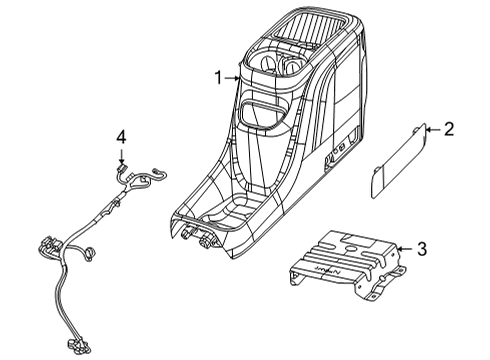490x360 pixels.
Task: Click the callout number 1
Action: coord(217,76)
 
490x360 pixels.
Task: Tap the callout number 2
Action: coord(449,128)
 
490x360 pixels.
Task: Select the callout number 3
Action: coord(422,249)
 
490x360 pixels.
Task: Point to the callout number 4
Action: coord(121,137)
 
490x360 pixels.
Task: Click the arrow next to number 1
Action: coord(232,76)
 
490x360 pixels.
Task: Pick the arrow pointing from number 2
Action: coord(432,128)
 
